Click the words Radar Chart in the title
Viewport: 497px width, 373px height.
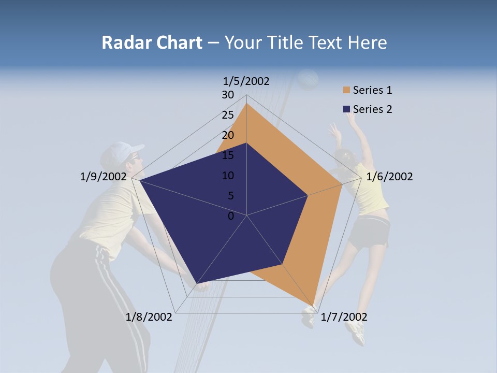152,42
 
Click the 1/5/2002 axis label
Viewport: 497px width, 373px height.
246,81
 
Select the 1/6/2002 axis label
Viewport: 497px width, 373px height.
389,177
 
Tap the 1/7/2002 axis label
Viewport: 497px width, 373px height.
344,317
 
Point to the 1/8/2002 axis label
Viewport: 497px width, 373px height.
149,317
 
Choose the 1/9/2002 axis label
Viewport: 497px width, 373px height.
104,177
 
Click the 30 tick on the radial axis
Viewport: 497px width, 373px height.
228,95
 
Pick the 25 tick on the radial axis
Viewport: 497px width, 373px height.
228,115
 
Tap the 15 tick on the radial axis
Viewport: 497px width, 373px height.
228,155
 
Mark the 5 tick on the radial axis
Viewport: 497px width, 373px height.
230,196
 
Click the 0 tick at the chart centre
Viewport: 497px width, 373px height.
231,216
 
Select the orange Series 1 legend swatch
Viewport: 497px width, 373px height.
346,91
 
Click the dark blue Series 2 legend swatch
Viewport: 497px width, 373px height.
346,109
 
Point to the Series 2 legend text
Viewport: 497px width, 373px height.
372,109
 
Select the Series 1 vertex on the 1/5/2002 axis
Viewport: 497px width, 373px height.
246,104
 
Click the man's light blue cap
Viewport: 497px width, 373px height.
120,151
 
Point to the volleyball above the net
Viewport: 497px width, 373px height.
309,79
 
